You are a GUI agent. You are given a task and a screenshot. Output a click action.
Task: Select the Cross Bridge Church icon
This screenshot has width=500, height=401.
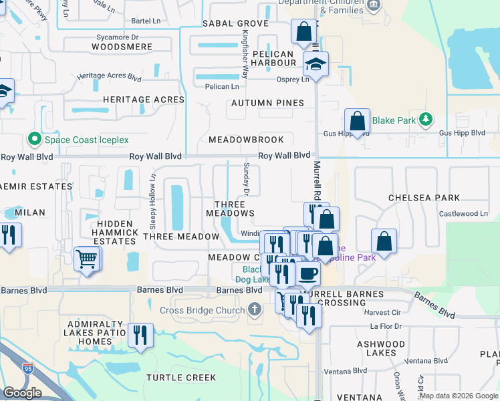click(x=253, y=310)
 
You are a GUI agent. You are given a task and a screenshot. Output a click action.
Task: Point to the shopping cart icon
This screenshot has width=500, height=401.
click(x=88, y=257)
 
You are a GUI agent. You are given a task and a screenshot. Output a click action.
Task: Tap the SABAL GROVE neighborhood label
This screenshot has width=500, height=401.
click(x=235, y=23)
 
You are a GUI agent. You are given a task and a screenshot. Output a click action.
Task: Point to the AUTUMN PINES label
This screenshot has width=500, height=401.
click(x=267, y=103)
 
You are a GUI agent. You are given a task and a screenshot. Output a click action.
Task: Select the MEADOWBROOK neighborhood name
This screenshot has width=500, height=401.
click(x=246, y=140)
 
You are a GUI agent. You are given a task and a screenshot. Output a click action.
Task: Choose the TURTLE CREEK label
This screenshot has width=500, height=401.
click(x=181, y=378)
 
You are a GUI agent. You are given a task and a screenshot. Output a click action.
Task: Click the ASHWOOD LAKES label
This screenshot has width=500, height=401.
click(x=380, y=348)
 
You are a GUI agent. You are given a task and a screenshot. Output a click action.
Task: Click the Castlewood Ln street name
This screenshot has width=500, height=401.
click(x=464, y=214)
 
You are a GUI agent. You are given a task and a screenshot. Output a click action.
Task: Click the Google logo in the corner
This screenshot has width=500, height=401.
click(x=22, y=393)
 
